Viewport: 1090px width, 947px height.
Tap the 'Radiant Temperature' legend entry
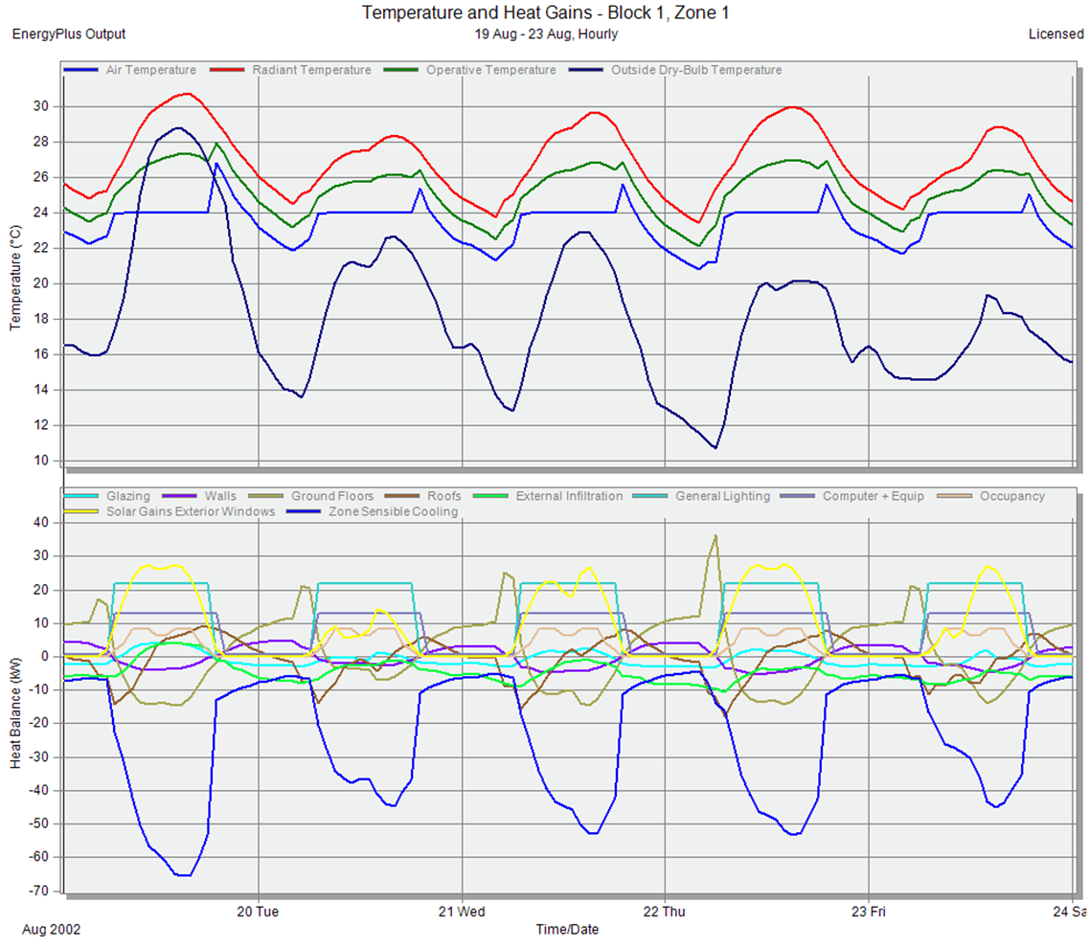(311, 70)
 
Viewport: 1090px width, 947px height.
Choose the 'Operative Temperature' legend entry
(490, 70)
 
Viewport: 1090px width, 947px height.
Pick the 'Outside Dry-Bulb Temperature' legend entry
(695, 70)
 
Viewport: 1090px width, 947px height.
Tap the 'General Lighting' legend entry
(722, 496)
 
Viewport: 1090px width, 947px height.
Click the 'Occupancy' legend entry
(1011, 496)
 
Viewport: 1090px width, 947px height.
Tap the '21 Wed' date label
(462, 912)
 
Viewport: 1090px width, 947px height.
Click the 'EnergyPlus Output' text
(68, 34)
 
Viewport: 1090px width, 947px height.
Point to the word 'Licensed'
(1056, 34)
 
